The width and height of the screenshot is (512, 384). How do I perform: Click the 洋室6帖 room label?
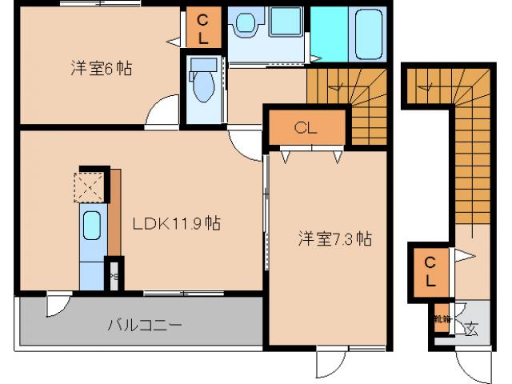pyautogui.click(x=100, y=69)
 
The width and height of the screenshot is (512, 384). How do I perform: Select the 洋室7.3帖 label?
pyautogui.click(x=335, y=238)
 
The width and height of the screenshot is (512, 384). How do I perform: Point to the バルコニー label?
pyautogui.click(x=145, y=325)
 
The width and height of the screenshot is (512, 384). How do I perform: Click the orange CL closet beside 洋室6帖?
pyautogui.click(x=202, y=29)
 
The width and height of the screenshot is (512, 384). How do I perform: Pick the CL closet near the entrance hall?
pyautogui.click(x=430, y=270)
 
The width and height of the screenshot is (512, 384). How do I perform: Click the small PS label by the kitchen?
pyautogui.click(x=114, y=277)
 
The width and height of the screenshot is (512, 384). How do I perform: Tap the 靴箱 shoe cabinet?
pyautogui.click(x=441, y=319)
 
